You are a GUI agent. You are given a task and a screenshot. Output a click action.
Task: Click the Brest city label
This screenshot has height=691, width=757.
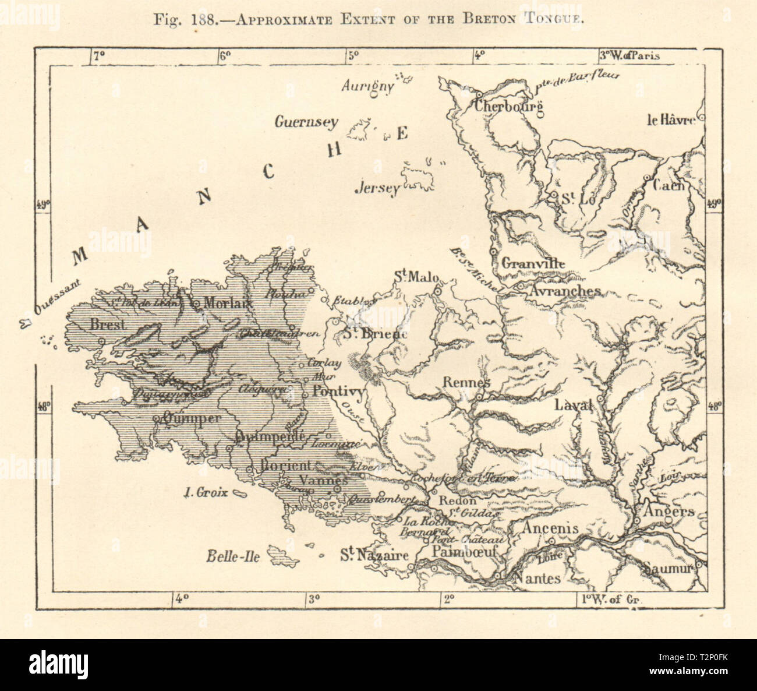tap(108, 325)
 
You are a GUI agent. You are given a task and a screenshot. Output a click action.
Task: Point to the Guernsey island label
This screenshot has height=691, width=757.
tap(306, 122)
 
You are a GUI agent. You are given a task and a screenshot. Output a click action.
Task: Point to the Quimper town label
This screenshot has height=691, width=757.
tap(192, 418)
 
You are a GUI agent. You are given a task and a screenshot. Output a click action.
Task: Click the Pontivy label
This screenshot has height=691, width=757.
tap(338, 392)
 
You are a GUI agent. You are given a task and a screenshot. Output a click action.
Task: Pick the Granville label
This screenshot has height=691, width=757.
tap(533, 263)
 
